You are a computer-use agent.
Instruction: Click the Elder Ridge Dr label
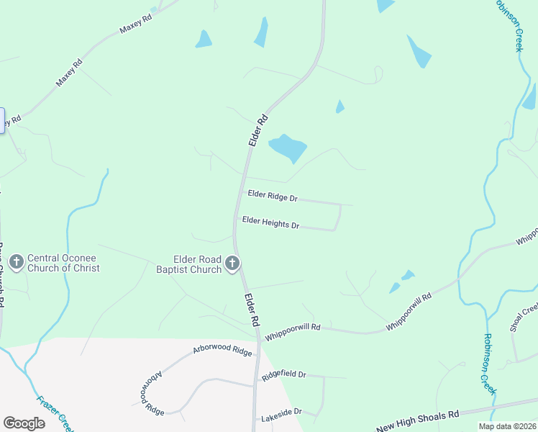pyautogui.click(x=273, y=196)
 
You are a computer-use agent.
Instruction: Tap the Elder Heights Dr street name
pyautogui.click(x=270, y=222)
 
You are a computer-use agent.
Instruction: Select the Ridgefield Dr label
pyautogui.click(x=284, y=375)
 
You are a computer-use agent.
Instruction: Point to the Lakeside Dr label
pyautogui.click(x=281, y=415)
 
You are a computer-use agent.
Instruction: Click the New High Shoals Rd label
pyautogui.click(x=417, y=421)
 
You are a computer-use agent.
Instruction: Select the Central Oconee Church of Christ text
pyautogui.click(x=63, y=263)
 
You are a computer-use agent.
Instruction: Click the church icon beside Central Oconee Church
pyautogui.click(x=16, y=262)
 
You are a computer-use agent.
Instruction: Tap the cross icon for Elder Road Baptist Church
pyautogui.click(x=232, y=264)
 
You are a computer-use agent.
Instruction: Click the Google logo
pyautogui.click(x=24, y=423)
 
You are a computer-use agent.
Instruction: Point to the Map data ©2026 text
pyautogui.click(x=507, y=426)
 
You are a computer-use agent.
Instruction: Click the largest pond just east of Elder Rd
pyautogui.click(x=288, y=148)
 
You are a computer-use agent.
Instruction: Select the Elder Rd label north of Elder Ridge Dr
pyautogui.click(x=257, y=130)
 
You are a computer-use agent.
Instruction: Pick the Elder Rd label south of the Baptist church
pyautogui.click(x=251, y=308)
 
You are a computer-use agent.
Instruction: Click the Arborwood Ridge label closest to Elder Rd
pyautogui.click(x=222, y=351)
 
